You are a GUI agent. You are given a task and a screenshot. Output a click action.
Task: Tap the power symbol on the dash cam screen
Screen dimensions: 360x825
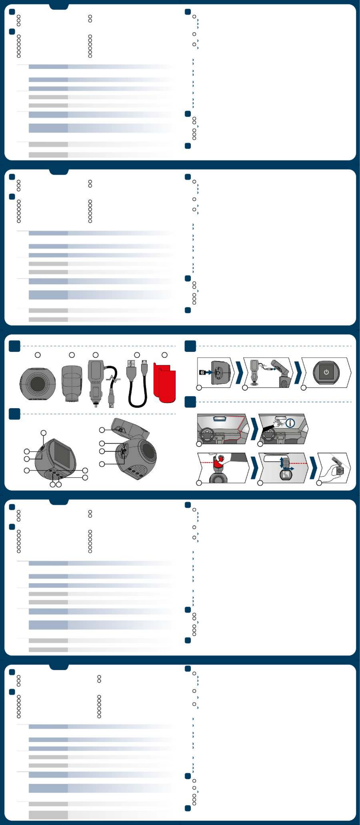326,372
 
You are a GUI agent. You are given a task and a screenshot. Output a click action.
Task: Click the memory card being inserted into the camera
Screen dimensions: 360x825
203,373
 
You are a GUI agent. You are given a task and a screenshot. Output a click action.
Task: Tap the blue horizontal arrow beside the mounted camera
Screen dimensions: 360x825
289,469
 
